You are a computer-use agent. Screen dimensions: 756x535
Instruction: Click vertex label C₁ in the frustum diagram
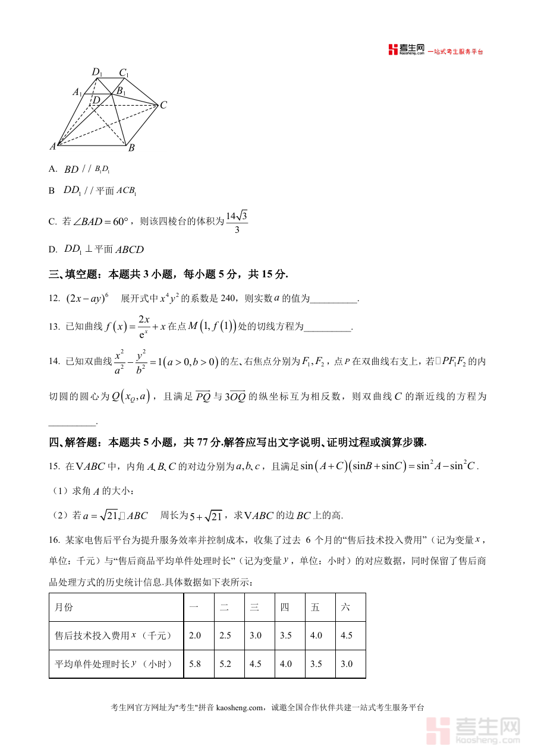click(124, 73)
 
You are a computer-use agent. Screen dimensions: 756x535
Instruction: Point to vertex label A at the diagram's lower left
click(52, 146)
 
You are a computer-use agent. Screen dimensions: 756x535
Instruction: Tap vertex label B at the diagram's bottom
click(131, 148)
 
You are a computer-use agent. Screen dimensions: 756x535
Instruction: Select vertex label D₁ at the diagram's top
click(97, 72)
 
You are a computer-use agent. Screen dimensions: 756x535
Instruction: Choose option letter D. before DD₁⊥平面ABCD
click(53, 250)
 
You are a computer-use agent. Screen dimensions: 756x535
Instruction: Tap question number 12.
click(54, 299)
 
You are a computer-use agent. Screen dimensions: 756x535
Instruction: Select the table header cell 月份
click(64, 608)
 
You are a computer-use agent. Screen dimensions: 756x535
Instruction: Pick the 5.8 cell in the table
click(195, 664)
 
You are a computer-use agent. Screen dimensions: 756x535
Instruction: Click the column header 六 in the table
click(345, 608)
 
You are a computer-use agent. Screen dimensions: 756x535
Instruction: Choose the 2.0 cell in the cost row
click(195, 635)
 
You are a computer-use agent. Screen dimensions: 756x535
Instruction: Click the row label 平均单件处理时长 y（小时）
click(114, 664)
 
